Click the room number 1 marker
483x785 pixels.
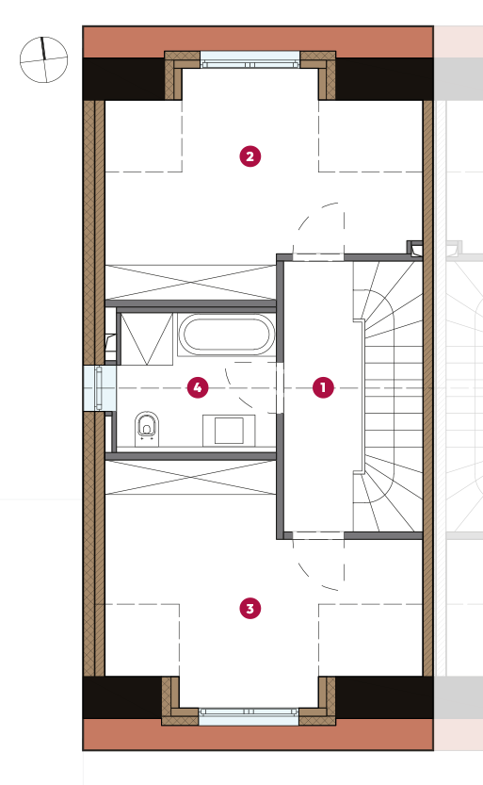point(323,387)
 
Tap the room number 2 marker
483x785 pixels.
point(250,156)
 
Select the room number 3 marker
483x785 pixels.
point(250,608)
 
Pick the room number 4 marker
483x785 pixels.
point(198,387)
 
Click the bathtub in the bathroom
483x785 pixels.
point(227,334)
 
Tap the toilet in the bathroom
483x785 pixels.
point(147,429)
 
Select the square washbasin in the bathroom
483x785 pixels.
point(229,430)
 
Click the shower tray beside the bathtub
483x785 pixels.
point(147,339)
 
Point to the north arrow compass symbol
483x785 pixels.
point(43,59)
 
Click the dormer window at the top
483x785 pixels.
point(250,59)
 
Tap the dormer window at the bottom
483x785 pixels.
point(249,716)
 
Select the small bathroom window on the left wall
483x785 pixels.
point(99,388)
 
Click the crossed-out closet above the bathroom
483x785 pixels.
point(190,283)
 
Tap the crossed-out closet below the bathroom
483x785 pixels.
point(190,477)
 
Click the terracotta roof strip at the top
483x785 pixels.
point(258,42)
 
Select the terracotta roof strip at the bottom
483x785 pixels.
point(258,734)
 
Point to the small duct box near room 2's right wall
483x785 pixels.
point(414,248)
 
